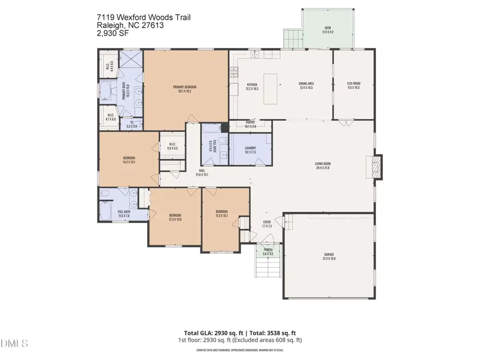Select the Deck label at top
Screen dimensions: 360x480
tap(327, 30)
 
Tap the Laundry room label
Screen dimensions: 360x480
tap(250, 150)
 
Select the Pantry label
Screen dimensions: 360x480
tap(251, 124)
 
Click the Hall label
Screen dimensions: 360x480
tap(202, 172)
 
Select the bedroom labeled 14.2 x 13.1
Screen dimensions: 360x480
tap(129, 159)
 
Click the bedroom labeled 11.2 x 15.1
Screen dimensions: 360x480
tap(222, 213)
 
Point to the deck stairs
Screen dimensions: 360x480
tap(292, 38)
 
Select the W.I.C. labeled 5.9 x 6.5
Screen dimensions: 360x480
tap(172, 146)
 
